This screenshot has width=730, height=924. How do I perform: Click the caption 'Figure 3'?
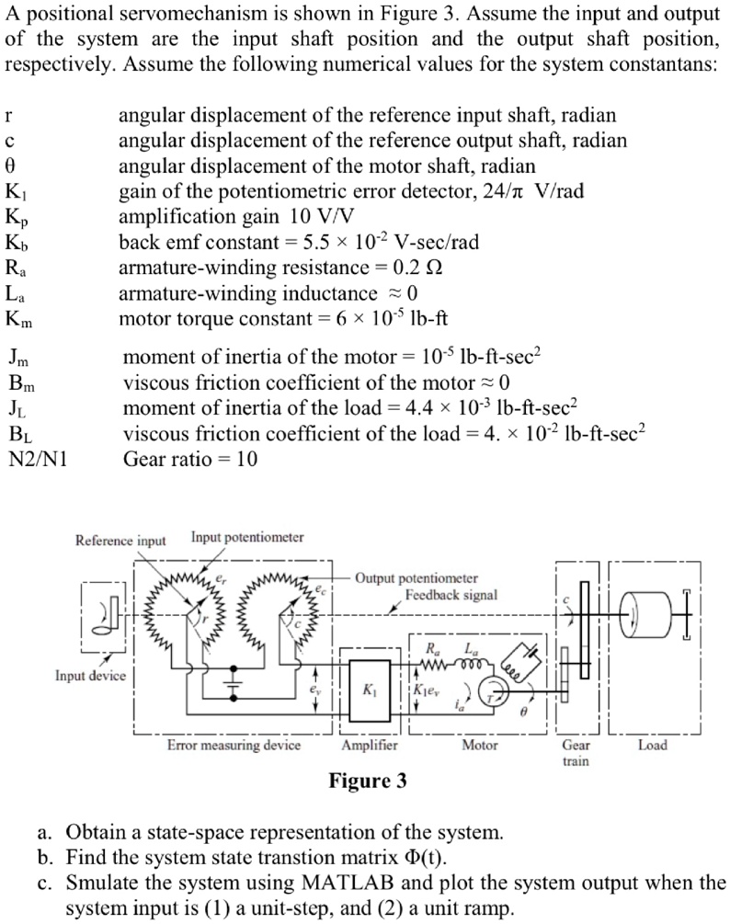pyautogui.click(x=368, y=781)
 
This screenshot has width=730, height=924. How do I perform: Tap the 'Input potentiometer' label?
pyautogui.click(x=247, y=537)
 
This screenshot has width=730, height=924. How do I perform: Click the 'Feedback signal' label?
pyautogui.click(x=451, y=595)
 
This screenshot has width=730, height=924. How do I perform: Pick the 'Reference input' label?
pyautogui.click(x=120, y=541)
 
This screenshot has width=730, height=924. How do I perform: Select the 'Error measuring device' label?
pyautogui.click(x=234, y=746)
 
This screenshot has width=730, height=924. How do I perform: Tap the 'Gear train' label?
pyautogui.click(x=576, y=753)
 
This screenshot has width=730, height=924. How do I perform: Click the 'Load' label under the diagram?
pyautogui.click(x=653, y=746)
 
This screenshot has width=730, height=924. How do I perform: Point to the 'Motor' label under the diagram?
pyautogui.click(x=479, y=746)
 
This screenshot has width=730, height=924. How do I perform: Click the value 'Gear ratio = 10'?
pyautogui.click(x=190, y=459)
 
